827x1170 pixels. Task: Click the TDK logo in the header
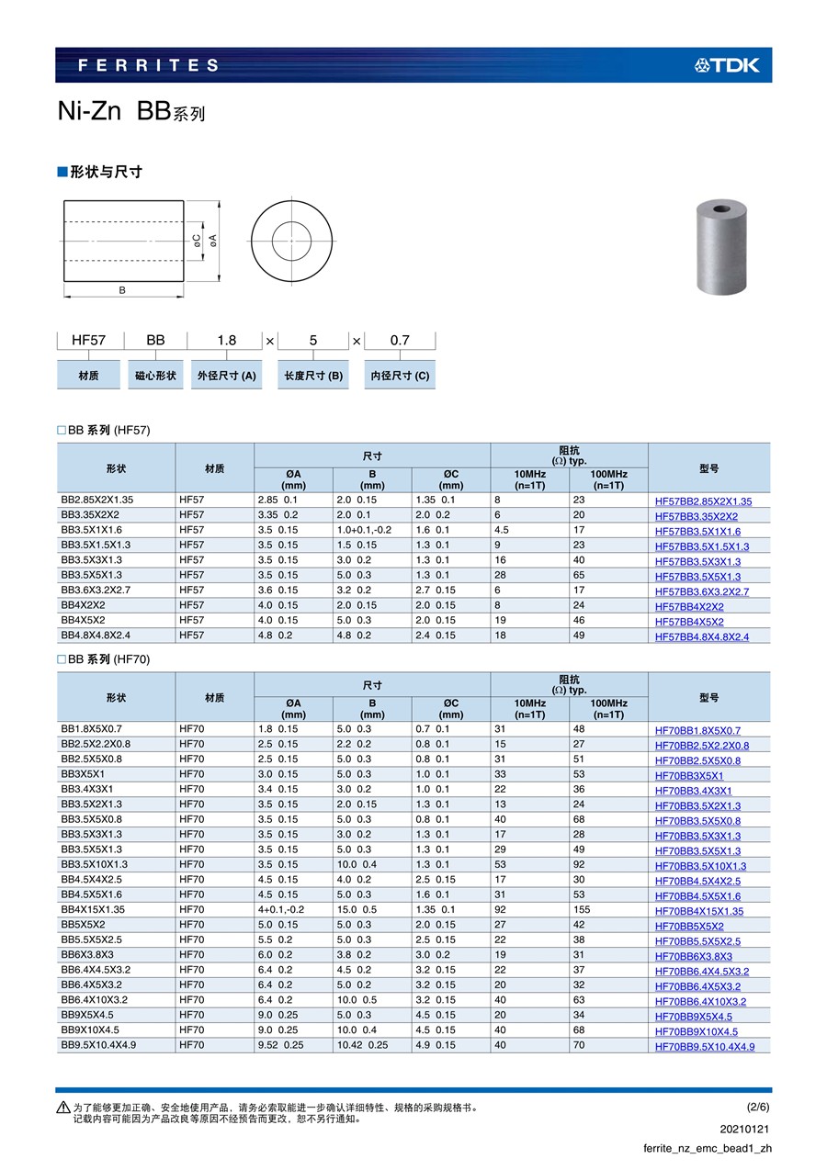point(727,65)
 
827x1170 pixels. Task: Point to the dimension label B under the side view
point(122,289)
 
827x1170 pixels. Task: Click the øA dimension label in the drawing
point(213,240)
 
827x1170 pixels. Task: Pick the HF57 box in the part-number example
point(89,340)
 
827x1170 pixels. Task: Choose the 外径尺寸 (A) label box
point(225,376)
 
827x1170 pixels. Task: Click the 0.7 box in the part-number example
point(400,340)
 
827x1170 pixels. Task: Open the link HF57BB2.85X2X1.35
point(703,501)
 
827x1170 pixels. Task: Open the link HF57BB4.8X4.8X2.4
point(701,636)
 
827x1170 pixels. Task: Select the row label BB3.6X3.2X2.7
point(96,591)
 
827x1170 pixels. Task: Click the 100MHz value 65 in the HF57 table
point(579,576)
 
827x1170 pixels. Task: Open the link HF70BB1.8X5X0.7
point(697,730)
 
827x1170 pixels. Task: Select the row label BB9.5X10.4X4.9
point(98,1045)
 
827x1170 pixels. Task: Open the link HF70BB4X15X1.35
point(699,911)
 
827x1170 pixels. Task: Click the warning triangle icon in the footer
point(62,1108)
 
